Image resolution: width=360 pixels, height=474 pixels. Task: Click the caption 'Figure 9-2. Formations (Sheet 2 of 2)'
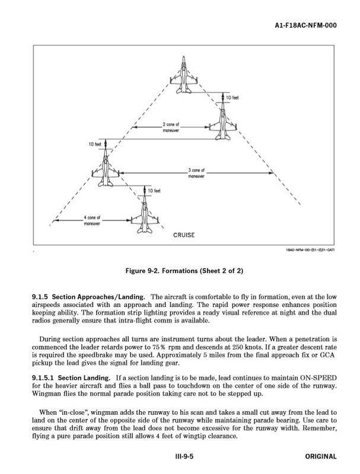[184, 271]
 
